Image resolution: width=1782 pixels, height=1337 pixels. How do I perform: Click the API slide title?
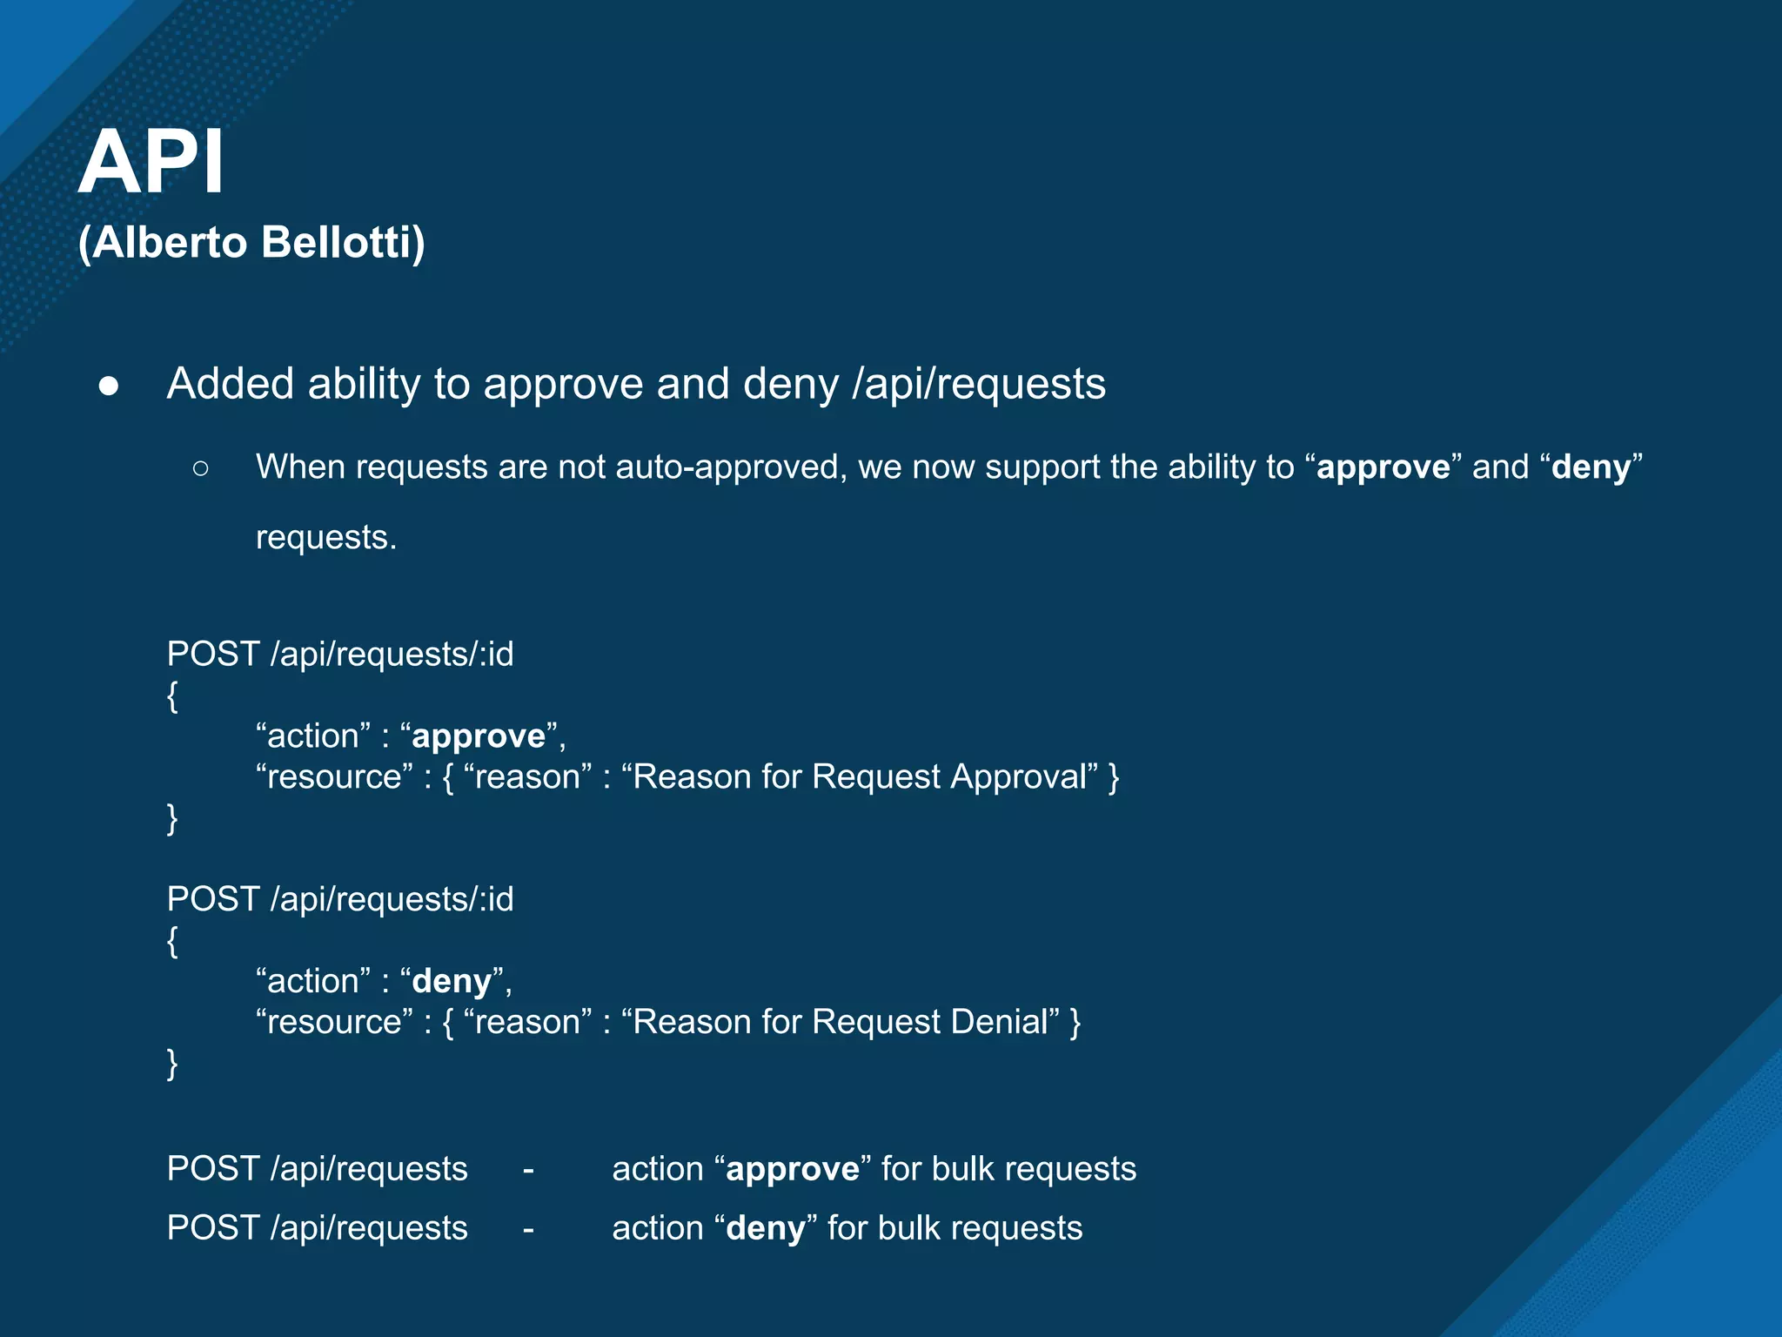152,162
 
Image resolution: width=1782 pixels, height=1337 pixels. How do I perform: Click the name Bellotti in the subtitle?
341,242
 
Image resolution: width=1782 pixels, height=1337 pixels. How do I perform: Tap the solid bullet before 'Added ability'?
109,386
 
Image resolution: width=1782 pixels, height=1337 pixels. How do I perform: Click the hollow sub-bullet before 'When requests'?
200,468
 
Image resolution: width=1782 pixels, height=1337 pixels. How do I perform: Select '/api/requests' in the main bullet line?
978,384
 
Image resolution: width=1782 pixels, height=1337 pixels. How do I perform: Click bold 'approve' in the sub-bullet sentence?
1383,467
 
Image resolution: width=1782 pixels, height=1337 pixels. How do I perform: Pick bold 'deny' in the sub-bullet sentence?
1591,467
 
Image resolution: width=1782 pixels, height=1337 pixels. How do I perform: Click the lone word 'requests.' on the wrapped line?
326,537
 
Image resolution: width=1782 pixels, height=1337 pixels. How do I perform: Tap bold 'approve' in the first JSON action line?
479,736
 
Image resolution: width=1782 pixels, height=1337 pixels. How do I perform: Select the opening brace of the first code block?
172,695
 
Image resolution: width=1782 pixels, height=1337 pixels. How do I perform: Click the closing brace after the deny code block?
172,1063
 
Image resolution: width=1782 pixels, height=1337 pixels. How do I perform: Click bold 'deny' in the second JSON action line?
452,982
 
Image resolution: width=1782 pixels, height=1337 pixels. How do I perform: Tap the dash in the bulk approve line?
528,1169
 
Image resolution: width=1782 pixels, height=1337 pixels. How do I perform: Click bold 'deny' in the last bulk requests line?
766,1228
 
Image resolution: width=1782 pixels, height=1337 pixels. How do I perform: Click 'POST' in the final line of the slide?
213,1228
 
